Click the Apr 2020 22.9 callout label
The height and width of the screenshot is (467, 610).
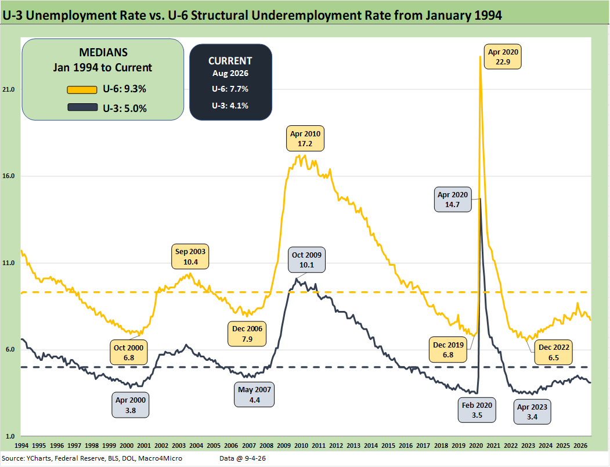503,57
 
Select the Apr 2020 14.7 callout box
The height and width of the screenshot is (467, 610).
453,200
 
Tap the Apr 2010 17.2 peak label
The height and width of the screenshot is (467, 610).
305,139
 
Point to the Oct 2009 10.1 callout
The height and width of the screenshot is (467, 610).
306,260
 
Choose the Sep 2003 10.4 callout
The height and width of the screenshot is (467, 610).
190,256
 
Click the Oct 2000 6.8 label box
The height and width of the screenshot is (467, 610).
129,353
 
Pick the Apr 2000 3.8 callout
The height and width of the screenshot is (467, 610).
131,405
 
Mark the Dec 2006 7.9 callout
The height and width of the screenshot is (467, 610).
247,334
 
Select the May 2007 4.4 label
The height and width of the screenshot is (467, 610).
254,394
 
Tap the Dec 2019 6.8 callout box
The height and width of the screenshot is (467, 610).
447,350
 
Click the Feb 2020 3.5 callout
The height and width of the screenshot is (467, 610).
477,410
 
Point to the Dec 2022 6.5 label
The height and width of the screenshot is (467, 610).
554,352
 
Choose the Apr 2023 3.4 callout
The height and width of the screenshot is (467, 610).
532,412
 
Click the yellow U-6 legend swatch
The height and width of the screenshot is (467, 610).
82,90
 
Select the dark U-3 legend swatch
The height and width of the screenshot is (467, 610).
82,107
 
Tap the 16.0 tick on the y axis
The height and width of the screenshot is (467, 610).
8,176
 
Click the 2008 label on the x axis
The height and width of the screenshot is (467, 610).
266,446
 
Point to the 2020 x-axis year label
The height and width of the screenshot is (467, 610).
476,446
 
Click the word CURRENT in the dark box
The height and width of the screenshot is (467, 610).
230,61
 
